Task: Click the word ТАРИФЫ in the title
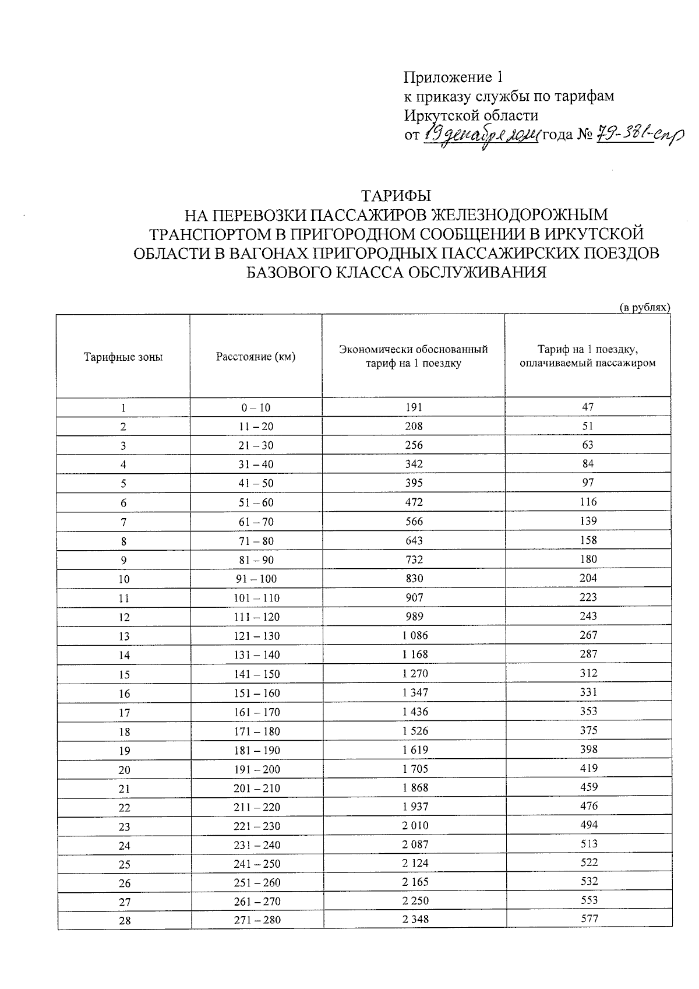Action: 396,195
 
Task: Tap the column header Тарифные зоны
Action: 123,357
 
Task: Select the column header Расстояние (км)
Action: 256,356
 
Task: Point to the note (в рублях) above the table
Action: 644,307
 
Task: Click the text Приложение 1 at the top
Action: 453,77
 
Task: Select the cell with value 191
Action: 414,407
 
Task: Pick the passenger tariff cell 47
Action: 587,407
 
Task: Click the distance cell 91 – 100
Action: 256,579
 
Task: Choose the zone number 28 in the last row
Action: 124,921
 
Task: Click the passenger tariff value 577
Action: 589,919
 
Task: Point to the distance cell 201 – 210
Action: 256,788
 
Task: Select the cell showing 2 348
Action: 415,920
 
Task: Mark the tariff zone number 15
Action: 124,674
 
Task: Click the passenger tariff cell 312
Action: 588,673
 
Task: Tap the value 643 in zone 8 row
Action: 414,540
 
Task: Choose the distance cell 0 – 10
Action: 256,408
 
